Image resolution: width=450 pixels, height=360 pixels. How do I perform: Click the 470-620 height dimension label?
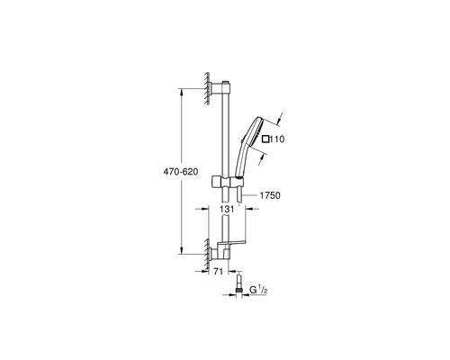tap(181, 172)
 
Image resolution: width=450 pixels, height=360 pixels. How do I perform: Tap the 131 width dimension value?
tap(227, 209)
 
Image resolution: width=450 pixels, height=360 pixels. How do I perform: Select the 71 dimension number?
tap(219, 272)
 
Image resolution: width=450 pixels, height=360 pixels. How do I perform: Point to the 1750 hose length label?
tap(270, 195)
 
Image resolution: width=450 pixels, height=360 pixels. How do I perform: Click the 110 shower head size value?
tap(277, 139)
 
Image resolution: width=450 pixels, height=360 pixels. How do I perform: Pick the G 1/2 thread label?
tap(258, 290)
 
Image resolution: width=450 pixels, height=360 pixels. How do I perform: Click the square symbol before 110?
tap(265, 139)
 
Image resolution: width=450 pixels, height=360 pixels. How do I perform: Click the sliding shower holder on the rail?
tap(227, 182)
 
